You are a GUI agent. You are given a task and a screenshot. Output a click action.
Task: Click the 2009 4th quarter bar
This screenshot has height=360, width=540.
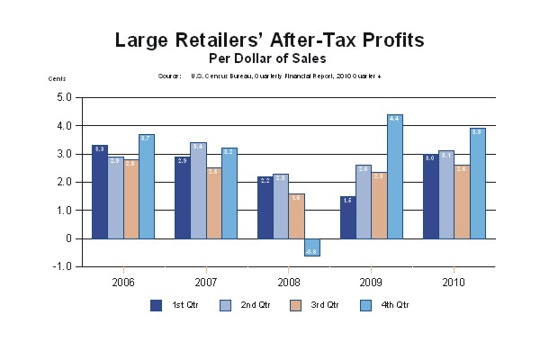point(395,177)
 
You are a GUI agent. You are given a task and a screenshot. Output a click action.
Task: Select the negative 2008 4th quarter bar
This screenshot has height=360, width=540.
point(311,247)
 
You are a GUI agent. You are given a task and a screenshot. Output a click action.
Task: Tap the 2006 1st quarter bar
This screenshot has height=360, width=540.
point(100,192)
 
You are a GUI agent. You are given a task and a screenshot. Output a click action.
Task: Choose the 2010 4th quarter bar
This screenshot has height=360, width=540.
point(478,184)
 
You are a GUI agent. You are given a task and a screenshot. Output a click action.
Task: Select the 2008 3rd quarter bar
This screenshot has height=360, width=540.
point(296,216)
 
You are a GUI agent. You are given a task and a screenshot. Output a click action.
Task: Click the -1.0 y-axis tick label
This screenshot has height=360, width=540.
point(62,267)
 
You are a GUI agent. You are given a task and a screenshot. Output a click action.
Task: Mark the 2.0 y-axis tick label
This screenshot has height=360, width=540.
point(64,182)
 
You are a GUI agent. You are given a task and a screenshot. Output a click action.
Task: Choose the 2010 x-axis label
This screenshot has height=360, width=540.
point(454,282)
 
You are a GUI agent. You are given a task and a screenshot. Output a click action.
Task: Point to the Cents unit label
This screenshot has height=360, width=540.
point(57,80)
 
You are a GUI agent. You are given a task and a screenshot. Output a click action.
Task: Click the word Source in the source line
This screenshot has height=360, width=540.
point(170,76)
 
